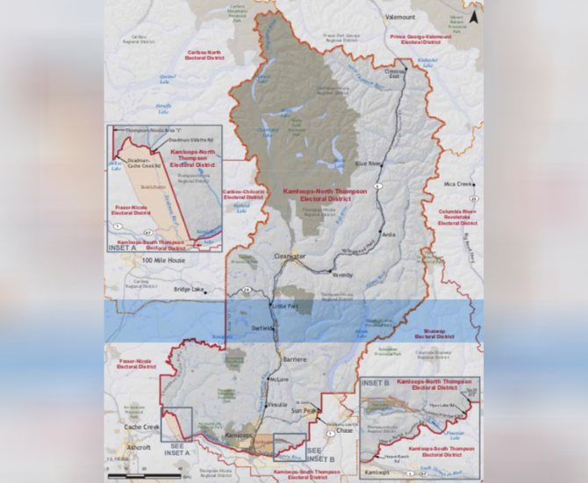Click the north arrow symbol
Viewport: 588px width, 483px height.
click(473, 16)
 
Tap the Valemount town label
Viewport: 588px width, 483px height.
click(399, 17)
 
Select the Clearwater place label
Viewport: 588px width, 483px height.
click(289, 256)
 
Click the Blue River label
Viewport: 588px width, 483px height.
click(369, 163)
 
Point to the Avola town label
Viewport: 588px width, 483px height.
click(391, 234)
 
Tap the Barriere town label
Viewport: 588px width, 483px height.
click(295, 360)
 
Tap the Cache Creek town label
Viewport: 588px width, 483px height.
click(140, 426)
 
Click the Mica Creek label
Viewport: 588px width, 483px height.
click(458, 184)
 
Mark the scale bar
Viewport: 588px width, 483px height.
click(126, 475)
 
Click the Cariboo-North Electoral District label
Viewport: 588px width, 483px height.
click(203, 54)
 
